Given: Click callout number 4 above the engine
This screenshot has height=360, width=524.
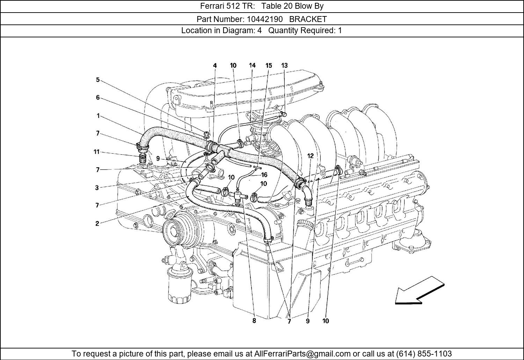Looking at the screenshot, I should point(215,65).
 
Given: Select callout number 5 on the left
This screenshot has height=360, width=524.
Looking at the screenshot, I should point(98,80).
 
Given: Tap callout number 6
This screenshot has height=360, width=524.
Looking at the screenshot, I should point(98,98).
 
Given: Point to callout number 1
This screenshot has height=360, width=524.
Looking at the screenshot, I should point(98,116).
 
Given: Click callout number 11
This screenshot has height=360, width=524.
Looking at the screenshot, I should point(96,152).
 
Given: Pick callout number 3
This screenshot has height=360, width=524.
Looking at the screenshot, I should point(97,188).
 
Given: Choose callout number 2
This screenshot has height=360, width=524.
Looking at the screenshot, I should point(97,224).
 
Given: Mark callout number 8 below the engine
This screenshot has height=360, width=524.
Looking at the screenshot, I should point(254,321).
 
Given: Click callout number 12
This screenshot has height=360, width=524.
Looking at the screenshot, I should point(311,156).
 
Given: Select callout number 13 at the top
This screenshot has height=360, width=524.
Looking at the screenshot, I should point(284,65).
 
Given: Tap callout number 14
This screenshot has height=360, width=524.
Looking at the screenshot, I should point(252,65).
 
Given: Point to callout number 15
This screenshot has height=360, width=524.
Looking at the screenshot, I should point(268,65).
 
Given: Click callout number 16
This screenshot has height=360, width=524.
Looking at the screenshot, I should point(264,175).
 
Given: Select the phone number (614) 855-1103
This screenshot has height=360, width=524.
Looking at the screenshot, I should point(424,354).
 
